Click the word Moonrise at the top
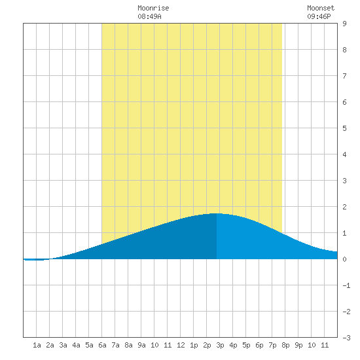[153, 8]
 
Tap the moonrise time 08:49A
[149, 16]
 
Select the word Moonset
[321, 8]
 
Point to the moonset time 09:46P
[319, 16]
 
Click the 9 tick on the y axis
[344, 24]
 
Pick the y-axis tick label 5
[344, 128]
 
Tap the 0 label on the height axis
[344, 259]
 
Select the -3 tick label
[346, 338]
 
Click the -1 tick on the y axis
[346, 285]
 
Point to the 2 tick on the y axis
[344, 207]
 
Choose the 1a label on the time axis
[37, 345]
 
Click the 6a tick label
[102, 345]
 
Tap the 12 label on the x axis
[181, 345]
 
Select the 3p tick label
[220, 345]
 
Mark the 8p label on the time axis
[285, 345]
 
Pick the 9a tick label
[141, 345]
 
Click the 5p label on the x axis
[246, 345]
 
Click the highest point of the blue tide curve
[216, 213]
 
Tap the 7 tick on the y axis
[344, 76]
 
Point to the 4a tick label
[76, 345]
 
